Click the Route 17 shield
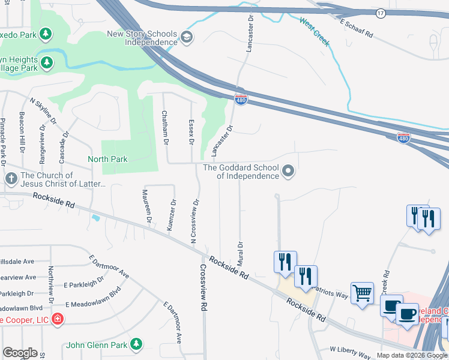381,13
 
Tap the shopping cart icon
362,293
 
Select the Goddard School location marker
288,172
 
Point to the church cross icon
11,179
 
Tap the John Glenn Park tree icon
137,344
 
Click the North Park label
107,159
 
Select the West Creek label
315,32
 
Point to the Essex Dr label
191,131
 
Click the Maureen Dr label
146,206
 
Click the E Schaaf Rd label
357,28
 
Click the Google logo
20,353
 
